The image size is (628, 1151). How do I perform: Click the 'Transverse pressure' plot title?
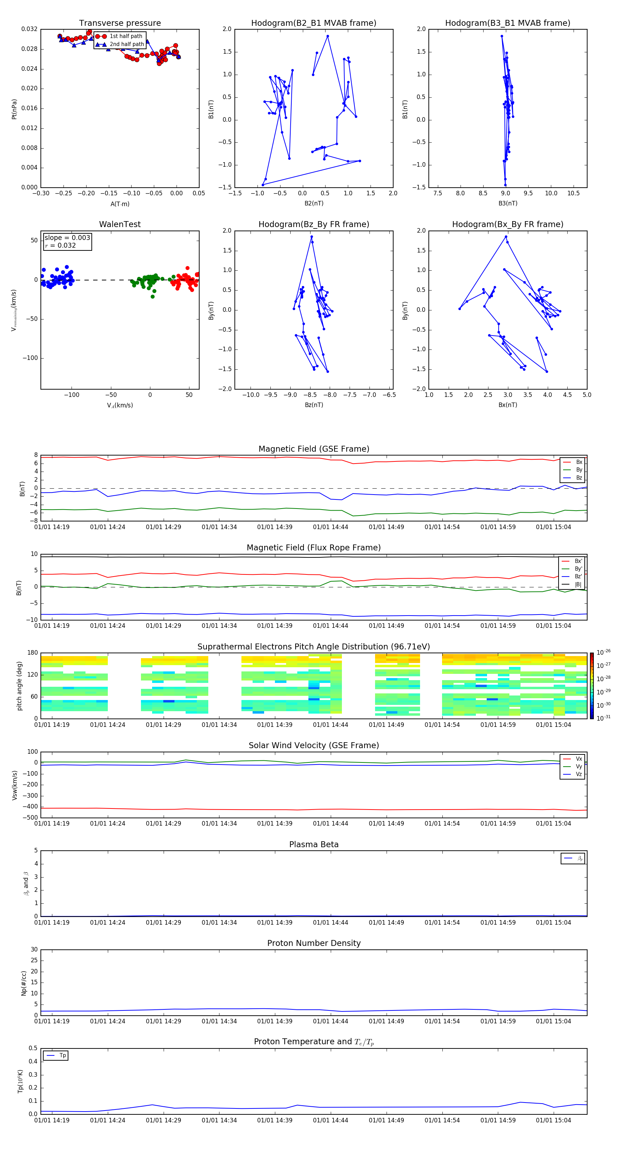tap(120, 23)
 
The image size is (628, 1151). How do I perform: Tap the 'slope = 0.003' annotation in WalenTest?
tap(67, 238)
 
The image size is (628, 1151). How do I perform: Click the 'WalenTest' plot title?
tap(120, 224)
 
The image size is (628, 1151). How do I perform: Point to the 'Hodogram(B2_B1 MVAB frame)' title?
tap(313, 23)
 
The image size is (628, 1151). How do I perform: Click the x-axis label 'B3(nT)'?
tap(508, 203)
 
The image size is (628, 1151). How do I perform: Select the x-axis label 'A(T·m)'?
tap(120, 204)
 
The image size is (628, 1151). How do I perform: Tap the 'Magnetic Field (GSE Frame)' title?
tap(314, 449)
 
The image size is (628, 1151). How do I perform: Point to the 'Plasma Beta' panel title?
tap(314, 844)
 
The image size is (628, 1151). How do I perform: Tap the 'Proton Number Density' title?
tap(314, 943)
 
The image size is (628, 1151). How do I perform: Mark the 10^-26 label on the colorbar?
tap(604, 652)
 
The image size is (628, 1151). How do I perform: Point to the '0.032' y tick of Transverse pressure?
tap(30, 30)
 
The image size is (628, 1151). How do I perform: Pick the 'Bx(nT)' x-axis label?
tap(508, 405)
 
